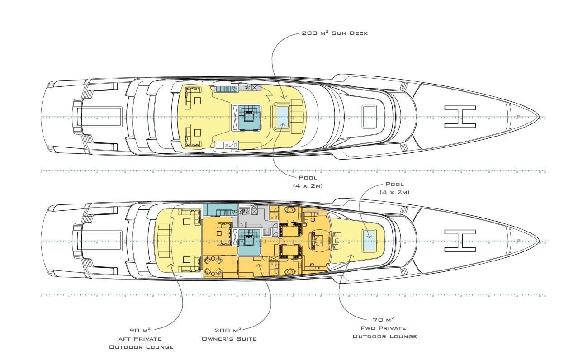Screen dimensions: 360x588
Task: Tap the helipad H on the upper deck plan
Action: click(x=460, y=116)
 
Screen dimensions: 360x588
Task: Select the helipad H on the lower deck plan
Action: click(x=460, y=240)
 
